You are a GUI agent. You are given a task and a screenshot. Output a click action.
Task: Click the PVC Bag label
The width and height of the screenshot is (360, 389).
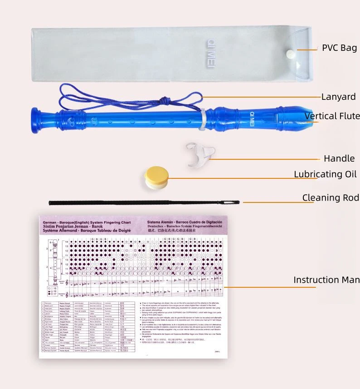tap(339, 48)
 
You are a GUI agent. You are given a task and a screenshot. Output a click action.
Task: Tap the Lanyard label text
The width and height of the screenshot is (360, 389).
tap(338, 97)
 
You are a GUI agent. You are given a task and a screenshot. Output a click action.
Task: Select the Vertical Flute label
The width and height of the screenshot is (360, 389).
tap(332, 116)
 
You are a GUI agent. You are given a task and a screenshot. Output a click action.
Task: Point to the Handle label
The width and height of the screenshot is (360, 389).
tap(339, 158)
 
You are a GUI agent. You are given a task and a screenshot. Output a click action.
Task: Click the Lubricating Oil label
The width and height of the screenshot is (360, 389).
tap(325, 174)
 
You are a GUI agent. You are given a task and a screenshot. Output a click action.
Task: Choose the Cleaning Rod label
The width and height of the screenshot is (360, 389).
tap(330, 197)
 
